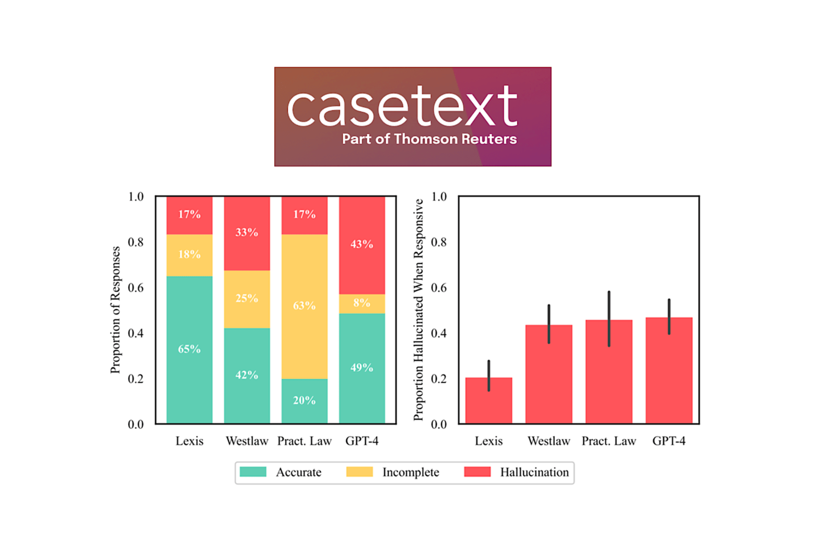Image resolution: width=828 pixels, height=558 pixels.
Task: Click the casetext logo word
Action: pos(402,106)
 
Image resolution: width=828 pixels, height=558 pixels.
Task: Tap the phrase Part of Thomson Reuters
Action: pos(429,139)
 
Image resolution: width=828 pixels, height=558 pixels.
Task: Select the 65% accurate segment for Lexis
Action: pos(189,350)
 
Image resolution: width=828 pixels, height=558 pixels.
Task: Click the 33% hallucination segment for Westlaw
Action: pos(247,233)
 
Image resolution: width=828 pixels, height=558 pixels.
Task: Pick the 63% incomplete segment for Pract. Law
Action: pos(304,306)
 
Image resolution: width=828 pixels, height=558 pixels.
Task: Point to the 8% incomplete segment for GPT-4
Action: pos(362,304)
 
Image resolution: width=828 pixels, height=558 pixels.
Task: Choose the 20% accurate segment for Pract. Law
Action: pos(304,401)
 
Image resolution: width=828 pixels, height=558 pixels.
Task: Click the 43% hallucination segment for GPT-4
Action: pos(362,245)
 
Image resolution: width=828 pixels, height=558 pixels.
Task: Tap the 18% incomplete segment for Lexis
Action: pos(189,254)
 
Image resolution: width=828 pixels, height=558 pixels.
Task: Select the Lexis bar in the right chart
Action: pos(489,401)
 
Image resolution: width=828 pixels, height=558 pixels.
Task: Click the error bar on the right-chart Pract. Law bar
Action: pos(609,319)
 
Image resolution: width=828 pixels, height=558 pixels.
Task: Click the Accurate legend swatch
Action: pos(253,472)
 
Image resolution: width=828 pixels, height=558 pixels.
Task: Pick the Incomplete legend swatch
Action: pos(359,472)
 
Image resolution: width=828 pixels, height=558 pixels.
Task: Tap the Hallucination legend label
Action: pos(534,472)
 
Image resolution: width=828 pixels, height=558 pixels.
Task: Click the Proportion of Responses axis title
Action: pos(115,310)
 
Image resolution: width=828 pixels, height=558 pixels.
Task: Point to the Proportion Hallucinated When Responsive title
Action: pos(418,310)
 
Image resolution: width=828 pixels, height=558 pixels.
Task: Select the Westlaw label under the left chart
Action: pos(247,441)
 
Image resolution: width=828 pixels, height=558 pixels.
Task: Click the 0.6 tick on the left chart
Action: pos(136,288)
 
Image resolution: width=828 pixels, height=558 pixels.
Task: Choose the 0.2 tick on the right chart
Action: pos(438,379)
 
